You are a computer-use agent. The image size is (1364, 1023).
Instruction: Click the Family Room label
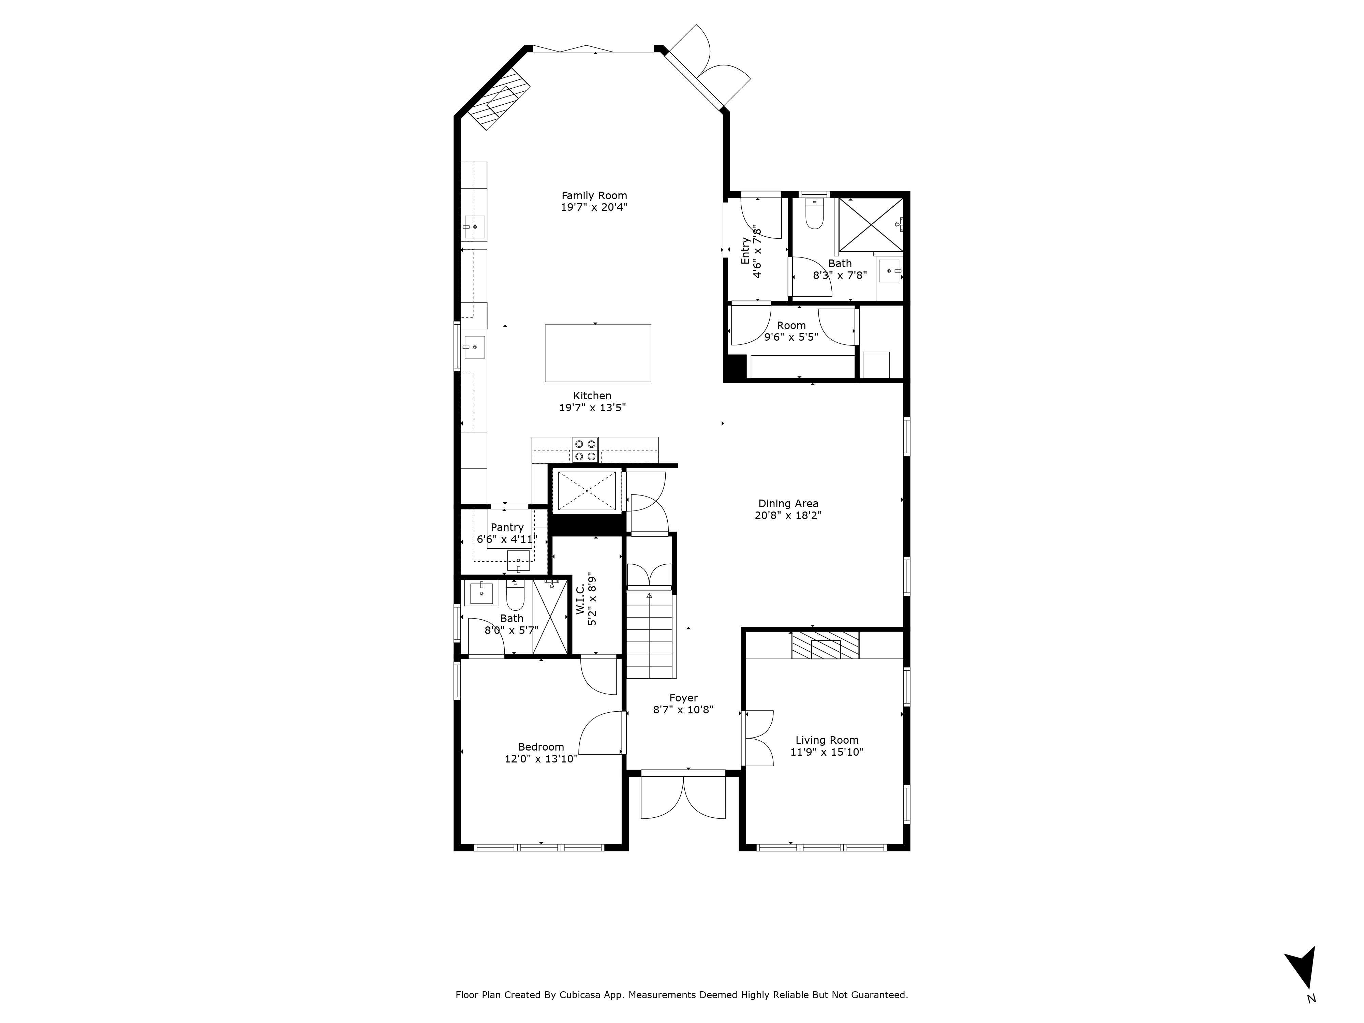[x=594, y=195]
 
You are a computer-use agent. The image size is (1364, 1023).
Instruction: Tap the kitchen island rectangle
[x=597, y=353]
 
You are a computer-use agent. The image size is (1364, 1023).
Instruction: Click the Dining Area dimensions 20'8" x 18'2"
[x=788, y=516]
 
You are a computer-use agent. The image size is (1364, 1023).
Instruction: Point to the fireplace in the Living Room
[x=825, y=645]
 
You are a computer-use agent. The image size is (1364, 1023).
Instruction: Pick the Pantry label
[x=507, y=527]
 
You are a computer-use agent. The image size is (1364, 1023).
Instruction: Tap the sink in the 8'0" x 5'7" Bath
[x=481, y=593]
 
